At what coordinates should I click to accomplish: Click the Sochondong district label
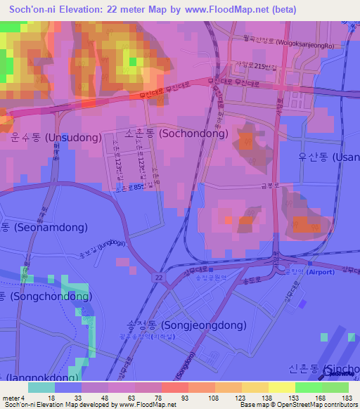click(176, 133)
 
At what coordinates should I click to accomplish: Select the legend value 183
click(346, 398)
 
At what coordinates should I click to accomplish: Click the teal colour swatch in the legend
click(41, 387)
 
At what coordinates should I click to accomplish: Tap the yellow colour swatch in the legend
click(281, 387)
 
